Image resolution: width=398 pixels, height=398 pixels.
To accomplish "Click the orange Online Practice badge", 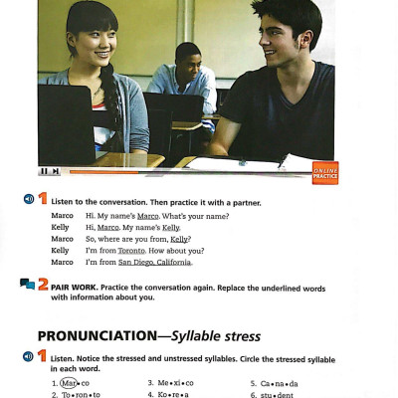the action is point(325,172).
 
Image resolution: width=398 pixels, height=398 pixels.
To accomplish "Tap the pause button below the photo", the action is point(49,171).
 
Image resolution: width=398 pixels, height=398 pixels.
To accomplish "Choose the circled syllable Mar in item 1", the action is point(68,382).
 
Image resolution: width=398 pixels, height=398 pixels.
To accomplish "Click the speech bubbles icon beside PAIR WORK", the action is point(27,286).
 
